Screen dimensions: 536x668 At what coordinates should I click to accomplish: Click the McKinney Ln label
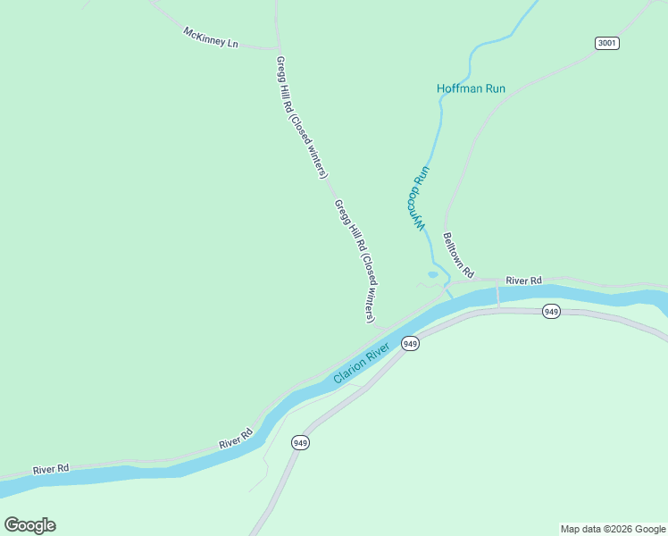click(211, 37)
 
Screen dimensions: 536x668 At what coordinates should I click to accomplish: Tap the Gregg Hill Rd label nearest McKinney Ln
click(302, 117)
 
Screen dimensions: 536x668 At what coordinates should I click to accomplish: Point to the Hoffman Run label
click(471, 88)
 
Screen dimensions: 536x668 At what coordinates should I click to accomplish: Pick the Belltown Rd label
click(458, 254)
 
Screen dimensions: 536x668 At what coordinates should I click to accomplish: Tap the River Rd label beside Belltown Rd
click(523, 281)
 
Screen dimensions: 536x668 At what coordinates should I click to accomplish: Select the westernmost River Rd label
click(51, 469)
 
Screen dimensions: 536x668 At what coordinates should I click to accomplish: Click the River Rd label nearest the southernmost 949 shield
click(236, 438)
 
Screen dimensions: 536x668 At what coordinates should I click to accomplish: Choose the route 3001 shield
click(606, 43)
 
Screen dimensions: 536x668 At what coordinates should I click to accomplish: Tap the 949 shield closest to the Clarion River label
click(410, 344)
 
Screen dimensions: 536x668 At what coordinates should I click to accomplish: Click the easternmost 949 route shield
click(552, 312)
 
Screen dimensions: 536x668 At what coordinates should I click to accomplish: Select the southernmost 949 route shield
click(300, 442)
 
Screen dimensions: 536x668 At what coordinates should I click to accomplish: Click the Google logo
click(30, 525)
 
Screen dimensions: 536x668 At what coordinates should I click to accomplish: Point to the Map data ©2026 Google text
click(613, 529)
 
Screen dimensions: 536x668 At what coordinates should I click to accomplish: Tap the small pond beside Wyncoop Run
click(433, 274)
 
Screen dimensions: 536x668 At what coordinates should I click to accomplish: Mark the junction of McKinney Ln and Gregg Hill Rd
click(280, 47)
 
